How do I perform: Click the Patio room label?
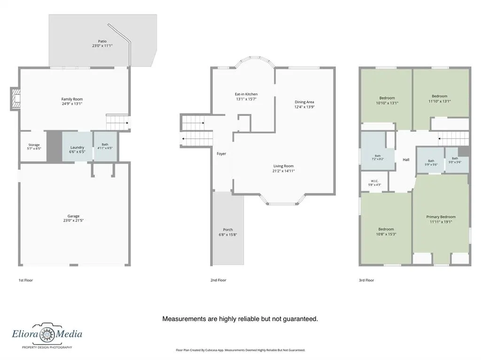(102, 41)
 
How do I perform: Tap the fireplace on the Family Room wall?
(16, 99)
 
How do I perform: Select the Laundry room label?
(78, 147)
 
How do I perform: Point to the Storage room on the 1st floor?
(33, 146)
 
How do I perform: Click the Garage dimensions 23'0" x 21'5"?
(73, 221)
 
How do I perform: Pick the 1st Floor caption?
(25, 280)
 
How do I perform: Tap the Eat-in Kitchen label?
(246, 94)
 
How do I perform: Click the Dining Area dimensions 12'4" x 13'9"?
(304, 107)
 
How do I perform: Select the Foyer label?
(221, 153)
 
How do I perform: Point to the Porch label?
(228, 230)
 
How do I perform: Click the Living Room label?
(283, 166)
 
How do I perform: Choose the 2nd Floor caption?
(218, 280)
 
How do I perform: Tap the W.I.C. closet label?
(374, 181)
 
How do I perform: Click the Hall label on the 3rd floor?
(406, 160)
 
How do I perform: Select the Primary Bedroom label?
(441, 217)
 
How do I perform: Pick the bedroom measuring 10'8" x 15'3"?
(386, 229)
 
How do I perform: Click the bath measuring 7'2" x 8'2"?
(378, 151)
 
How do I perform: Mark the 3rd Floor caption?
(366, 280)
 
